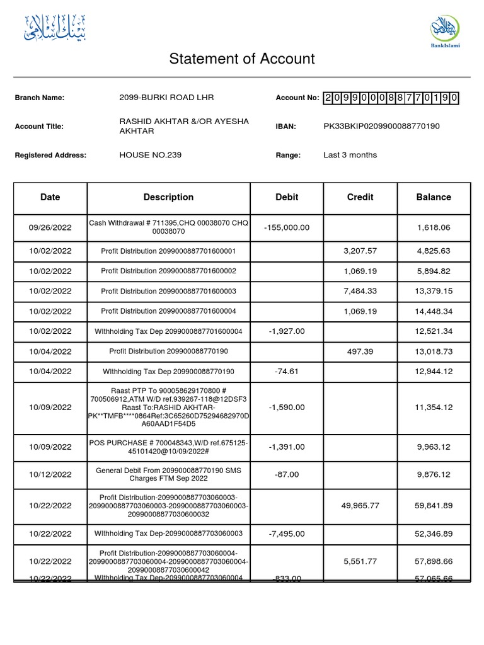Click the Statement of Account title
[x=242, y=59]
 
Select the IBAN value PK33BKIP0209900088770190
[x=381, y=127]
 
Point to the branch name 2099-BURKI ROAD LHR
[x=166, y=98]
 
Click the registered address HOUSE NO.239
[x=151, y=155]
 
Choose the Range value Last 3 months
[x=350, y=155]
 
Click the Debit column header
[x=287, y=197]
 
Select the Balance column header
[x=434, y=197]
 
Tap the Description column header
[x=168, y=197]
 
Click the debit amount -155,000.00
[x=287, y=227]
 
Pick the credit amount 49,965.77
[x=360, y=505]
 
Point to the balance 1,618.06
[x=434, y=227]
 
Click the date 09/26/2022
[x=50, y=227]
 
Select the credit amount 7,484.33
[x=360, y=291]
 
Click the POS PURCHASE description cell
[x=168, y=447]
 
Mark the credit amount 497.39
[x=360, y=351]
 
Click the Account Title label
[x=39, y=127]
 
